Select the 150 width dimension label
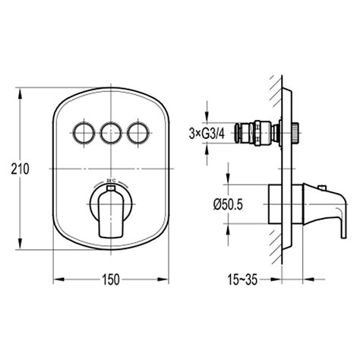[x=111, y=279]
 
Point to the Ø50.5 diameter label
[x=228, y=204]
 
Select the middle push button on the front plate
[x=111, y=133]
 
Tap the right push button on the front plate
[x=138, y=133]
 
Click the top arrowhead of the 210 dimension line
[x=21, y=93]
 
